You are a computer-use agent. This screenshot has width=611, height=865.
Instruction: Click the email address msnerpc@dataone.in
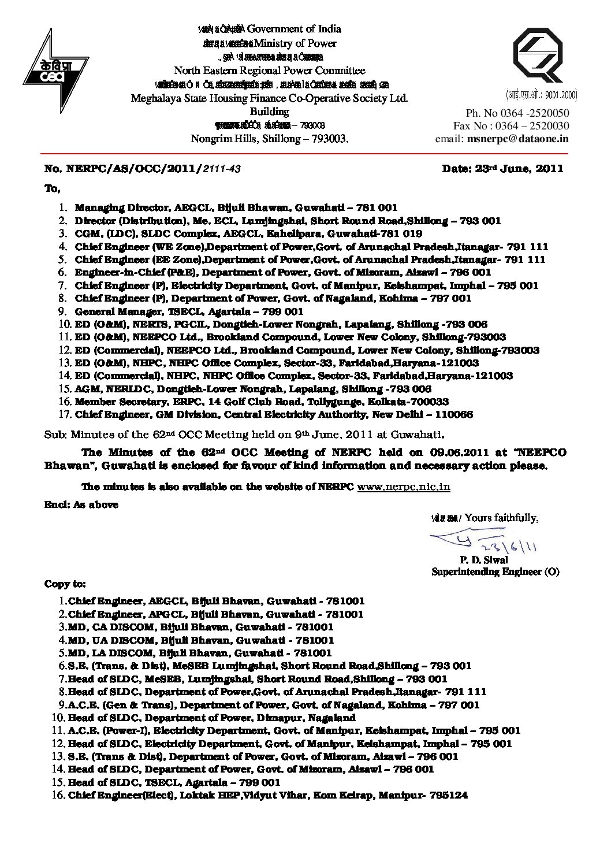click(518, 139)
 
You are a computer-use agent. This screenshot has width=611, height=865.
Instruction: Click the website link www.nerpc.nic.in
click(404, 487)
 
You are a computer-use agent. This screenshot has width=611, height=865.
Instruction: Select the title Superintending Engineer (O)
click(495, 572)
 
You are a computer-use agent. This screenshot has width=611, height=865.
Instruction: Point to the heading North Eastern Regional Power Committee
click(270, 71)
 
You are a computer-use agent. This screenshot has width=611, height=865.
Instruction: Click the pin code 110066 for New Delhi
click(454, 414)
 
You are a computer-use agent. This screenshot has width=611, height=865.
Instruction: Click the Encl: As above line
click(81, 504)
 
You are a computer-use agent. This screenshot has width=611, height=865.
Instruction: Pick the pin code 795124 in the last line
click(449, 795)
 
